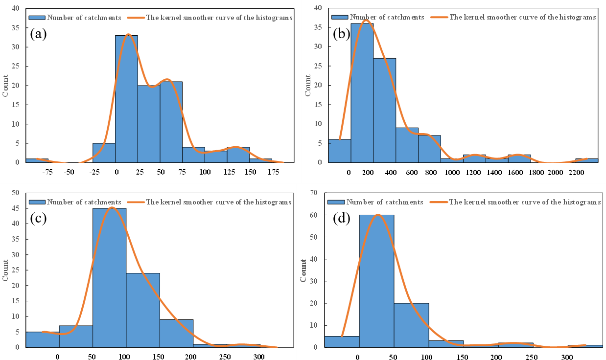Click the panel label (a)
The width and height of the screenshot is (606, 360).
38,34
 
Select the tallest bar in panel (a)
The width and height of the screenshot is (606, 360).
126,98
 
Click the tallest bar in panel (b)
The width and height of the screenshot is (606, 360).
362,93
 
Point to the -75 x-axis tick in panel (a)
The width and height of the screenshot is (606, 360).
47,172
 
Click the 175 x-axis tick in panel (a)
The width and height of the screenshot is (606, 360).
274,172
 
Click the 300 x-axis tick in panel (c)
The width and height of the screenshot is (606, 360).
259,357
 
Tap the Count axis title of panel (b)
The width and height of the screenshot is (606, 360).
308,85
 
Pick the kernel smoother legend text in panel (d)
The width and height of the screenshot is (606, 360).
524,202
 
